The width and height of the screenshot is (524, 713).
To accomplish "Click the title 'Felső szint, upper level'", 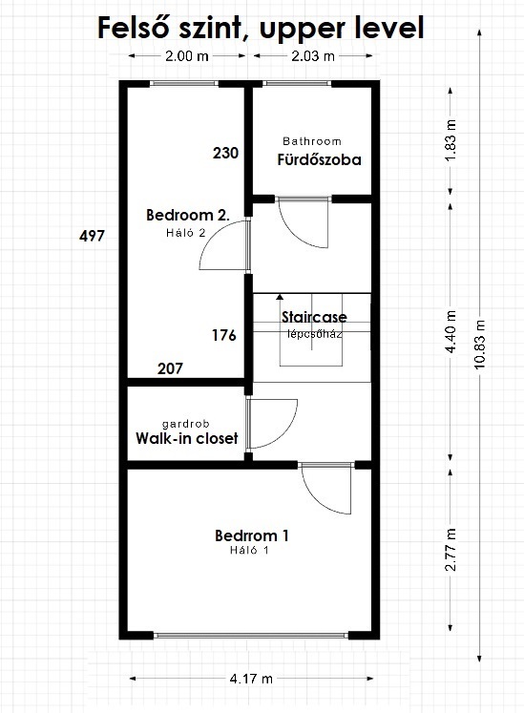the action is point(261,29).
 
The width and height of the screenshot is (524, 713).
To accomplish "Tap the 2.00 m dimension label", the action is point(186,56).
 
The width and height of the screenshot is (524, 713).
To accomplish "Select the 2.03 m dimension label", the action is point(312,56).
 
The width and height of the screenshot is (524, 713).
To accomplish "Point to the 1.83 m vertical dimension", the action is point(451,140).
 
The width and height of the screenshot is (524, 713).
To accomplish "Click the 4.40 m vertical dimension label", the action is point(451,331).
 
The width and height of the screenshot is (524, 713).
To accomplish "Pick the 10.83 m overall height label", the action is point(480,345).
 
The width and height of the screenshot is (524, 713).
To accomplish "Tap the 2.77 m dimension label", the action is point(451,550).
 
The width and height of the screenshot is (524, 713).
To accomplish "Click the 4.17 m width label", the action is point(251,679).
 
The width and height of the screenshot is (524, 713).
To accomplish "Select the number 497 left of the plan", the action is point(92,236).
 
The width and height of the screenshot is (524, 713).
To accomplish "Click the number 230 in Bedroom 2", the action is point(225,154).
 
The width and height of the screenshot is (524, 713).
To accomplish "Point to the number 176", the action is point(224,336).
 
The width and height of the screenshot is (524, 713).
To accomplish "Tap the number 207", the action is point(170,368).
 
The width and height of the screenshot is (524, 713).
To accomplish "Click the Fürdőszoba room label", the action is point(320,160).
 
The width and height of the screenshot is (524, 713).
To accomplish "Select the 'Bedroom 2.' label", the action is point(188,215).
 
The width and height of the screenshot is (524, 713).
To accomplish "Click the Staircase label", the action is point(314,317).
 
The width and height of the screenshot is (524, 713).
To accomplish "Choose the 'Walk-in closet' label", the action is point(187,438).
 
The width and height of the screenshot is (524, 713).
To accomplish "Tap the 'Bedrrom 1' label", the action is point(252,535).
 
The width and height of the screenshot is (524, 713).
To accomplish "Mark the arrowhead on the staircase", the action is point(280,297).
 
